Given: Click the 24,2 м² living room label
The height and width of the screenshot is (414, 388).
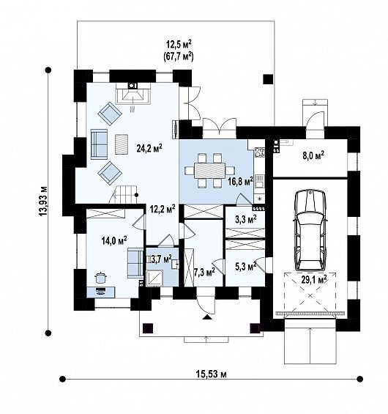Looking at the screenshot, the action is tap(149, 148).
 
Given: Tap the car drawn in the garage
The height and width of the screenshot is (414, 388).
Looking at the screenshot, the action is tap(310, 229).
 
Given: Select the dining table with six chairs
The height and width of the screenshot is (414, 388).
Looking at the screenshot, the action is tap(210, 171).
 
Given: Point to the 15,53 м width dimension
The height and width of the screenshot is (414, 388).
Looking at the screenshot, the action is tap(212, 374).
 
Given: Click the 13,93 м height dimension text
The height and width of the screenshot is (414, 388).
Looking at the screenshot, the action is tap(42, 202).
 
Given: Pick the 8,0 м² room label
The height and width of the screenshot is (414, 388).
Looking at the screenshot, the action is tap(313, 155).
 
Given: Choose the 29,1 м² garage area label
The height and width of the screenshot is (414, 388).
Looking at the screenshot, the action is tap(314, 279).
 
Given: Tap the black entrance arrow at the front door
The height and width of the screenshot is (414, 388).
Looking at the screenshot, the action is tap(208, 317).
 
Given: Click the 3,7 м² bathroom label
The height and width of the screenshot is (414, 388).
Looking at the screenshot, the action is tap(161, 259).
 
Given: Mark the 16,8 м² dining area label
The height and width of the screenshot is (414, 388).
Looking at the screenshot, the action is tap(240, 182).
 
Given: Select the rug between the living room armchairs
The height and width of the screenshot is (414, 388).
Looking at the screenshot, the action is tap(122, 144).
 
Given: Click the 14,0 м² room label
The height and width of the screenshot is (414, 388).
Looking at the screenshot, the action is tap(114, 240).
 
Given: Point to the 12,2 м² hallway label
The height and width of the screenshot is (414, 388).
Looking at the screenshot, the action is tap(163, 209).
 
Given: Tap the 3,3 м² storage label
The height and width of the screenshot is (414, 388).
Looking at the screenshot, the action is tap(245, 219).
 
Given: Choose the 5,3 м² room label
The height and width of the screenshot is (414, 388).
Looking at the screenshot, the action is tap(245, 267).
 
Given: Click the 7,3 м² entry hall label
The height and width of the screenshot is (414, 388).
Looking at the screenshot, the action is tap(204, 271).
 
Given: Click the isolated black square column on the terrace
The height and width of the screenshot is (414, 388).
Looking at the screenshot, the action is tap(268, 79).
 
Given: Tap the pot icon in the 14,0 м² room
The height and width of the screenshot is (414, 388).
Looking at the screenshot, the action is tap(101, 277).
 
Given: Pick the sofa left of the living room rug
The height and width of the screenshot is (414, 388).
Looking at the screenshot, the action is tap(99, 144).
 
